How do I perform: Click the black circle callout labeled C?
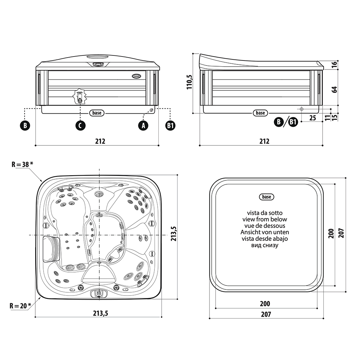tap(80, 125)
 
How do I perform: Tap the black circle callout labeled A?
tap(143, 125)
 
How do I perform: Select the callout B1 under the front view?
tap(170, 125)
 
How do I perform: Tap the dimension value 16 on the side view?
tap(334, 65)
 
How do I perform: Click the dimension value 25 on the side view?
tap(312, 118)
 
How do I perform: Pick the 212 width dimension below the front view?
tap(100, 141)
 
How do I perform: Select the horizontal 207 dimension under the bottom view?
tap(266, 314)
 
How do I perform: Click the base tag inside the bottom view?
tap(266, 197)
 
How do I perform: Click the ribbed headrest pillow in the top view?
tap(51, 248)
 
